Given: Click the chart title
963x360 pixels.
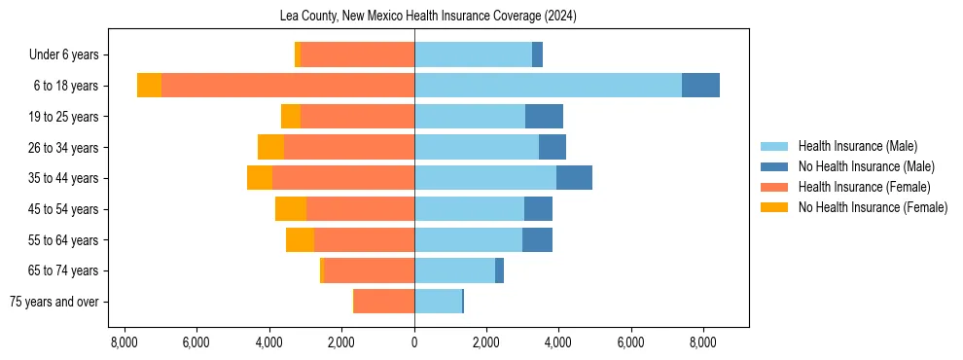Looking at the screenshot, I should pyautogui.click(x=414, y=17).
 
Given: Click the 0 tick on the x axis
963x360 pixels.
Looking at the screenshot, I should pyautogui.click(x=414, y=342).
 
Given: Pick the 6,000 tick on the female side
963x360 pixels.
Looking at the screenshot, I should pyautogui.click(x=197, y=342).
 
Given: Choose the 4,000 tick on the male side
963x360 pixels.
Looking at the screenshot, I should pyautogui.click(x=558, y=342).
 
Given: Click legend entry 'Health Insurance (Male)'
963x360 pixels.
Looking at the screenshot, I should pyautogui.click(x=857, y=146).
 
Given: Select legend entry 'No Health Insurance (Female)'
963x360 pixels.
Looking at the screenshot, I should pyautogui.click(x=873, y=207).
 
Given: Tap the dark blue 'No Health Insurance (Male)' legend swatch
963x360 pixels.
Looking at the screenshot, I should pyautogui.click(x=774, y=166).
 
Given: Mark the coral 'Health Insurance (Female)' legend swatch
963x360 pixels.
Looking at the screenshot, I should pyautogui.click(x=774, y=187).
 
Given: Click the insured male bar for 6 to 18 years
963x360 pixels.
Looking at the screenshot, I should pyautogui.click(x=548, y=86).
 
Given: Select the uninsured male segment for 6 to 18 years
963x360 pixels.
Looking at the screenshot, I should pyautogui.click(x=700, y=86).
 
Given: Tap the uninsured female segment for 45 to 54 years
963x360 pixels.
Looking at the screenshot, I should pyautogui.click(x=291, y=209).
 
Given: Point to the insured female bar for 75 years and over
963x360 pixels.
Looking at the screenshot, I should pyautogui.click(x=384, y=302).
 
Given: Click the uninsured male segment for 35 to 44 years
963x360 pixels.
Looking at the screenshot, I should pyautogui.click(x=574, y=178).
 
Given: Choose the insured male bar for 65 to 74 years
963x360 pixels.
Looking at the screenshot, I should pyautogui.click(x=454, y=270).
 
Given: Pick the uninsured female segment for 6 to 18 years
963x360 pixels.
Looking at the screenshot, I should pyautogui.click(x=149, y=86).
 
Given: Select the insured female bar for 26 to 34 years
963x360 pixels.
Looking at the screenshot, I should pyautogui.click(x=349, y=147).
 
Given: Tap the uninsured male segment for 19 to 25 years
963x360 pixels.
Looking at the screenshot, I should pyautogui.click(x=544, y=117).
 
